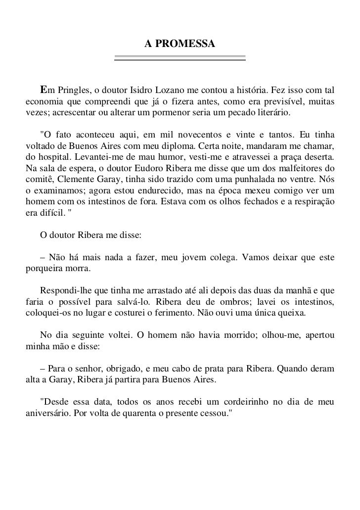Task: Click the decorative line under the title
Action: coord(180,58)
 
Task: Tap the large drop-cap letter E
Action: coord(44,90)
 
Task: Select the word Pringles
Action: coord(73,91)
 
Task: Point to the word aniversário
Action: coord(46,412)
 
